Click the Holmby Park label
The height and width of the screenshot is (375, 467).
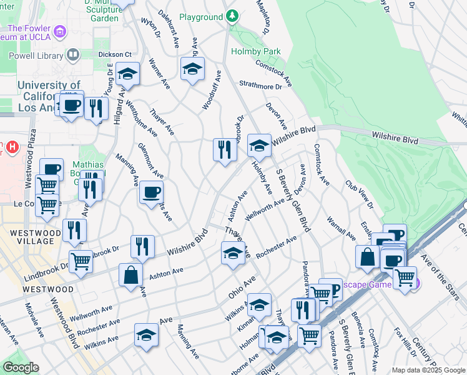pos(256,51)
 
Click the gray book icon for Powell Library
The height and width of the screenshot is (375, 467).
pos(73,56)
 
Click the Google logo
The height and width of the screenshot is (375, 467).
pos(21,367)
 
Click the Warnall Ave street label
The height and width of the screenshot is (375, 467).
pos(341,229)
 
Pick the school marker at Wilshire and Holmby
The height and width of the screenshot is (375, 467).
pos(259,146)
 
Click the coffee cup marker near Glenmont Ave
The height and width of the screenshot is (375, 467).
pos(150,192)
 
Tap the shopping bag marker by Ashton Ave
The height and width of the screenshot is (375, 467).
pos(130,275)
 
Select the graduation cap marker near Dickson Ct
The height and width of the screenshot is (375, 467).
pos(127,74)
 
